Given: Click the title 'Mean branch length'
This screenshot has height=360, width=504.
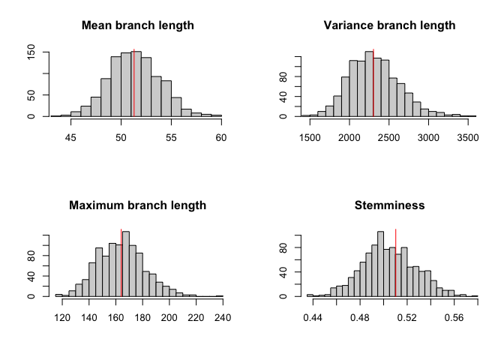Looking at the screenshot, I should [x=137, y=25].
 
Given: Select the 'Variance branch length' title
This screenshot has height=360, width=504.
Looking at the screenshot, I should [x=389, y=25].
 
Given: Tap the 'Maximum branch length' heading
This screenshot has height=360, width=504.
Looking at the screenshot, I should [x=137, y=205].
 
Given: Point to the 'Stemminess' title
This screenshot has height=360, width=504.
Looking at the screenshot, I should [x=389, y=205].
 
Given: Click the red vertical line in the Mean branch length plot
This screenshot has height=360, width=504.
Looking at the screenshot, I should [x=133, y=82].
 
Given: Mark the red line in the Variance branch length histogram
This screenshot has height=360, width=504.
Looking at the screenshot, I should [x=373, y=82].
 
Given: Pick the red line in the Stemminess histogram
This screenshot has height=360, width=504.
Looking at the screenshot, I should [x=395, y=262].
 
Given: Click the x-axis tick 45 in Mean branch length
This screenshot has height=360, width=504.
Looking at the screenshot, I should [x=71, y=137].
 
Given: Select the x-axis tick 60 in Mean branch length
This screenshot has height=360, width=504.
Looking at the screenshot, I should [x=222, y=137].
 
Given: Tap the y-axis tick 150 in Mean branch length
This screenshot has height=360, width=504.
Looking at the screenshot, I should [x=32, y=52].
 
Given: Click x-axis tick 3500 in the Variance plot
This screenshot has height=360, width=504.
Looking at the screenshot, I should [x=467, y=137].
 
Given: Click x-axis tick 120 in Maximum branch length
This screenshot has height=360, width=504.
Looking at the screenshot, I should [x=62, y=317].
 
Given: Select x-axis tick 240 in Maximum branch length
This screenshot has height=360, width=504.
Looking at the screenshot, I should [x=222, y=317].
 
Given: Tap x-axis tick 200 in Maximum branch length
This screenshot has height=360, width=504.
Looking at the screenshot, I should [x=169, y=317].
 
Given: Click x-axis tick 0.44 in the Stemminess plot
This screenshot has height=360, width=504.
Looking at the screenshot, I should [x=313, y=317].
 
